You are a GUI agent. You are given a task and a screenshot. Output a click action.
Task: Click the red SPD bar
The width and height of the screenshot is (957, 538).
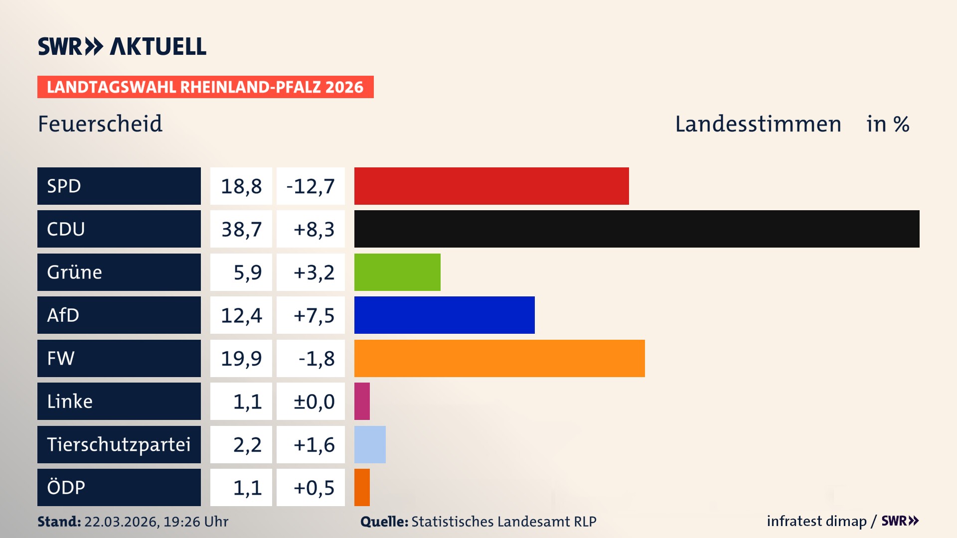(x=491, y=186)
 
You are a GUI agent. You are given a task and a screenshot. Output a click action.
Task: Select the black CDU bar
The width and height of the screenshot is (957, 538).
(x=637, y=229)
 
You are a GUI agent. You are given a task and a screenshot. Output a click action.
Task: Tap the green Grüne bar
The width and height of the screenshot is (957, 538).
(x=397, y=272)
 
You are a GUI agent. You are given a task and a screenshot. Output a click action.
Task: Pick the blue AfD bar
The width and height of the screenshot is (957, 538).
(x=444, y=315)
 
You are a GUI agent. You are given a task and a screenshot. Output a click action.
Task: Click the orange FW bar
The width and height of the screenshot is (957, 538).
(x=499, y=358)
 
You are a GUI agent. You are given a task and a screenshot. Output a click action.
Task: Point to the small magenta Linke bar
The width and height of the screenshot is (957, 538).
(x=362, y=401)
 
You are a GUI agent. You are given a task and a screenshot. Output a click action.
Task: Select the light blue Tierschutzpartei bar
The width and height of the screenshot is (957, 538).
(x=370, y=444)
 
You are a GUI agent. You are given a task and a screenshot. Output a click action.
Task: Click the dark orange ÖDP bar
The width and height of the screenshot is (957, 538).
(x=362, y=487)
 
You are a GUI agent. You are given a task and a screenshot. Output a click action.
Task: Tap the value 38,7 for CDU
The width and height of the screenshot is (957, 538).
(x=241, y=229)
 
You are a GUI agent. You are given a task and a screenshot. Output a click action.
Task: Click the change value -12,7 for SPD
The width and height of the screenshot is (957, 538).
(x=311, y=186)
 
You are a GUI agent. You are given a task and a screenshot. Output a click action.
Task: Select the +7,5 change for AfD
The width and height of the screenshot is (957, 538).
(x=314, y=315)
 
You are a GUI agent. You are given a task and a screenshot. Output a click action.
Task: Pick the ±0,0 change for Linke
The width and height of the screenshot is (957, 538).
(x=314, y=402)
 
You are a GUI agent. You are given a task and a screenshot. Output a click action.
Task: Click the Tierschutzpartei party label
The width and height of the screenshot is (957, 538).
(x=119, y=444)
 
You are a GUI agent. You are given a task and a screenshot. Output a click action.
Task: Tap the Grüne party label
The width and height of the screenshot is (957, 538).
(x=75, y=272)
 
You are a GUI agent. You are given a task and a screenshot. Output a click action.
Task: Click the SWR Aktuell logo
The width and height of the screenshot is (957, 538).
(x=122, y=46)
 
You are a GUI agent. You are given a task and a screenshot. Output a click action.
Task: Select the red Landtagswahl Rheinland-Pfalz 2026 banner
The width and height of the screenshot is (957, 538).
(x=205, y=87)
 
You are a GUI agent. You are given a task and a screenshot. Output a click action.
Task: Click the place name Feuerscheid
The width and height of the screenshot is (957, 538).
(x=100, y=124)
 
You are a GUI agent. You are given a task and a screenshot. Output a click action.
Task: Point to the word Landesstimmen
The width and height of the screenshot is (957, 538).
(x=758, y=124)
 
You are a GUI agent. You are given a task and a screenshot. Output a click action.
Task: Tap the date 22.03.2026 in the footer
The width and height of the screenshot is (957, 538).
(x=121, y=522)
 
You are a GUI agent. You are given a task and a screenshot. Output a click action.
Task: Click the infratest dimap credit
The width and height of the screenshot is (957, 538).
(x=816, y=521)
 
